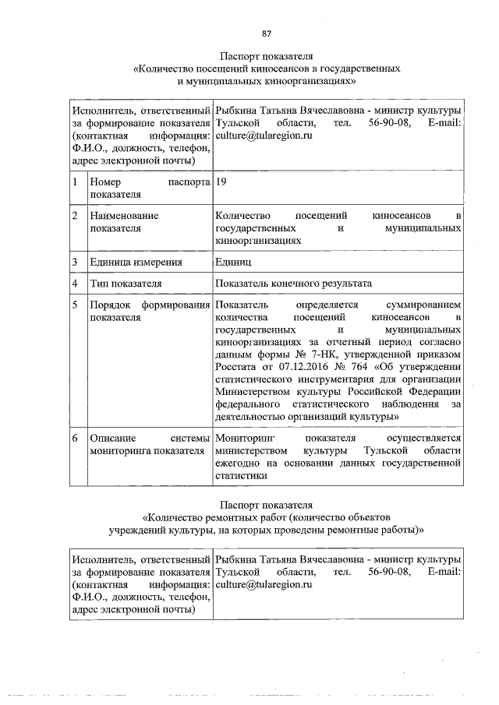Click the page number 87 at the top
point(266,33)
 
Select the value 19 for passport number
point(221,182)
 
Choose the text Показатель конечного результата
point(294,283)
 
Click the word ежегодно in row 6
point(238,465)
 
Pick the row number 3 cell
point(74,262)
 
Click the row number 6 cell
point(74,439)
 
